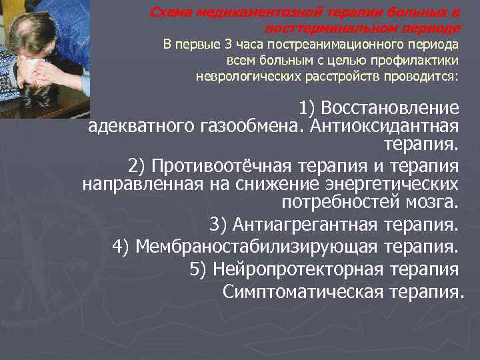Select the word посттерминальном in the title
pos(325,29)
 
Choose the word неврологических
pos(244,75)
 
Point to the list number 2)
pos(137,165)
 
